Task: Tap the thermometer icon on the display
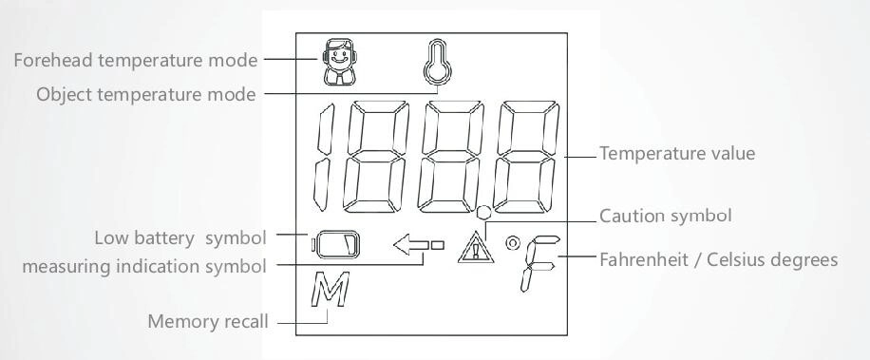tap(438, 61)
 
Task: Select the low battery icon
tap(335, 244)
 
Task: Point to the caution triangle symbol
tap(475, 247)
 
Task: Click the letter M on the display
tap(330, 289)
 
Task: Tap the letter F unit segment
tap(539, 263)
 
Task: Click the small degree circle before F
tap(513, 243)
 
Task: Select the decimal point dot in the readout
tap(483, 213)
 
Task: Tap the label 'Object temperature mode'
tap(146, 94)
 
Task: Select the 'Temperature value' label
tap(677, 153)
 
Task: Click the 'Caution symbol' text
tap(666, 216)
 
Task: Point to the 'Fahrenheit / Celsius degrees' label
tap(719, 259)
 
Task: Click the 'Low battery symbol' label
tap(180, 238)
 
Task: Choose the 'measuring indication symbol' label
tap(144, 266)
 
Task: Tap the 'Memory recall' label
tap(208, 321)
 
